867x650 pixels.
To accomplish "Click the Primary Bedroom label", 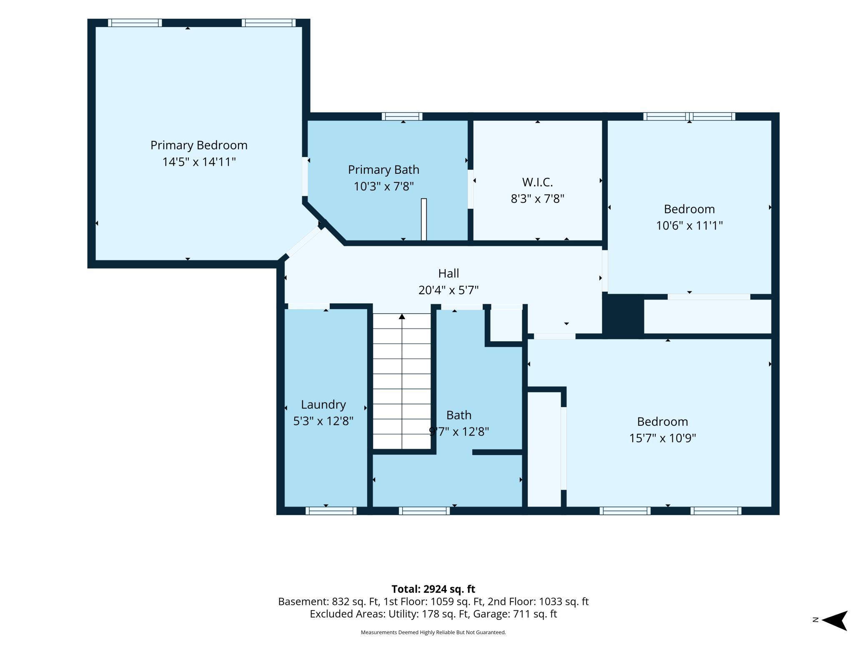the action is pyautogui.click(x=199, y=145).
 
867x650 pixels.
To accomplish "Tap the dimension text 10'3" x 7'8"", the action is pyautogui.click(x=383, y=186).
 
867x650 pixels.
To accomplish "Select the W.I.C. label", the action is pyautogui.click(x=537, y=182).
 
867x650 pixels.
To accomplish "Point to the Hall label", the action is pyautogui.click(x=449, y=273).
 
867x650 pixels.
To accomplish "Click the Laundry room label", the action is pyautogui.click(x=323, y=405).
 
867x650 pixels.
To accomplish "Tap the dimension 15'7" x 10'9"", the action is pyautogui.click(x=662, y=438).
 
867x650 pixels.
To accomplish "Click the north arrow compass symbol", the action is pyautogui.click(x=834, y=620).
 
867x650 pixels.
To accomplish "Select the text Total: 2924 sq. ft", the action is pyautogui.click(x=433, y=589).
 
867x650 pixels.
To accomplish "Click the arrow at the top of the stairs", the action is pyautogui.click(x=402, y=317).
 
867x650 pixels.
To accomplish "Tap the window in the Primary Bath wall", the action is pyautogui.click(x=402, y=116).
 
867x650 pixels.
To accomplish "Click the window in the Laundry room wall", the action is pyautogui.click(x=331, y=510).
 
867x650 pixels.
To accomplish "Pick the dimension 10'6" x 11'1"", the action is pyautogui.click(x=689, y=225).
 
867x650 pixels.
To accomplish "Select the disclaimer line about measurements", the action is pyautogui.click(x=433, y=632).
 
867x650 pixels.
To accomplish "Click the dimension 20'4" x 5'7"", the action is pyautogui.click(x=449, y=290).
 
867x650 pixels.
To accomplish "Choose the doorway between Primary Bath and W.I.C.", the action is pyautogui.click(x=471, y=189).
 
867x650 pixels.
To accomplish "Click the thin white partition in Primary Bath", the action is pyautogui.click(x=424, y=219).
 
